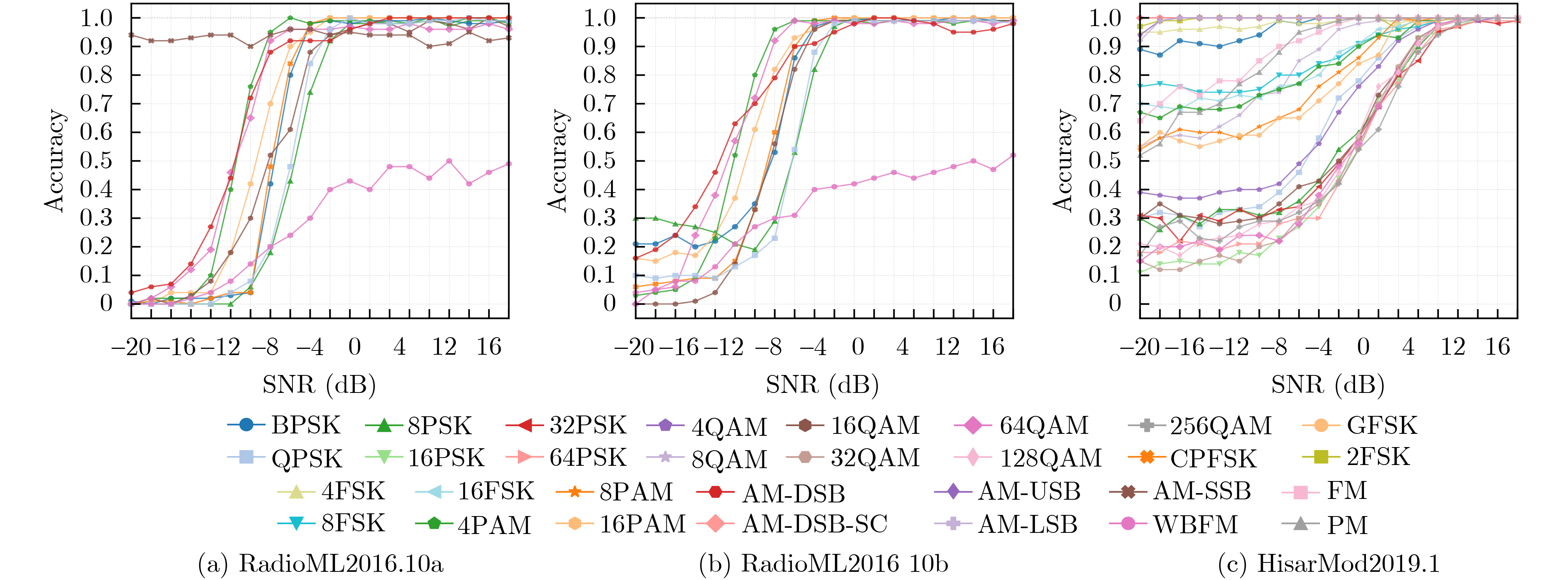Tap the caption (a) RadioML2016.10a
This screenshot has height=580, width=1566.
coord(321,564)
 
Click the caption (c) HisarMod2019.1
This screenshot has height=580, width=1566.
coord(1329,564)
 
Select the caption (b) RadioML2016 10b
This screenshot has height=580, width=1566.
coord(824,564)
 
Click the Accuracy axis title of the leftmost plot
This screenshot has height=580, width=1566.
coord(55,161)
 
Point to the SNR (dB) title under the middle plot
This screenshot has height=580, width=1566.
coord(822,385)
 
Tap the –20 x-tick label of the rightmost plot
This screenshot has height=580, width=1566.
coord(1140,347)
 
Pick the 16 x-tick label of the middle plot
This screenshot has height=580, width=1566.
coord(992,347)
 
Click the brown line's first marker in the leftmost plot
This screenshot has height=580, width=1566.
coord(131,35)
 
